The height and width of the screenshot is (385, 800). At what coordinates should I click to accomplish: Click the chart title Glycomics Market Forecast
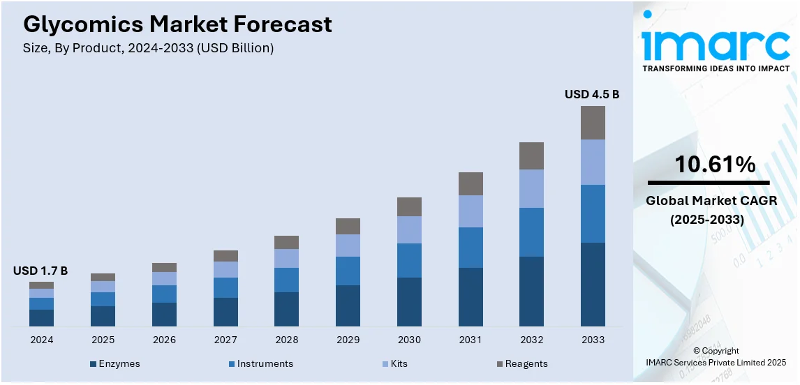point(177,25)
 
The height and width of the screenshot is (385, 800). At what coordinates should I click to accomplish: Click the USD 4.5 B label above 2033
point(592,94)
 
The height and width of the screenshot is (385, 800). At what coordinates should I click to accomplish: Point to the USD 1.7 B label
point(40,271)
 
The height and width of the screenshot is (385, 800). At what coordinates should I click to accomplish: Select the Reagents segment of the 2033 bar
point(593,123)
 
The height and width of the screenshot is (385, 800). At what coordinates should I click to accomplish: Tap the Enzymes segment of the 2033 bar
point(593,284)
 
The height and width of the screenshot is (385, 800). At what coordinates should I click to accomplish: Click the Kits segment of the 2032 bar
point(531,188)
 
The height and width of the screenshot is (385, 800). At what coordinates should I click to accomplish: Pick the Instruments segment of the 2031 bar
point(471,248)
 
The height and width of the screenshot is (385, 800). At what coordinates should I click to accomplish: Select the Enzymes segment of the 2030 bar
point(409,301)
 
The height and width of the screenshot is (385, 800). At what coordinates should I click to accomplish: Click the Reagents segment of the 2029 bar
point(348,226)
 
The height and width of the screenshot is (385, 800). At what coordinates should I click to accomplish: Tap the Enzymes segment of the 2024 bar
point(41,317)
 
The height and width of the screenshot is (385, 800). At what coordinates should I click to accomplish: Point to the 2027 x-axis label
point(225,340)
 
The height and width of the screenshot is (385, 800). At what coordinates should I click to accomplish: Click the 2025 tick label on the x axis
point(103,340)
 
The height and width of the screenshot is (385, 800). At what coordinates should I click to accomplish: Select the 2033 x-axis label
point(593,340)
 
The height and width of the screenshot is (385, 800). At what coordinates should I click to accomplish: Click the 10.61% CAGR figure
point(714,165)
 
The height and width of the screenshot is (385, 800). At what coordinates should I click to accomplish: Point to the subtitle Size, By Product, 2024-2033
point(148,48)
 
